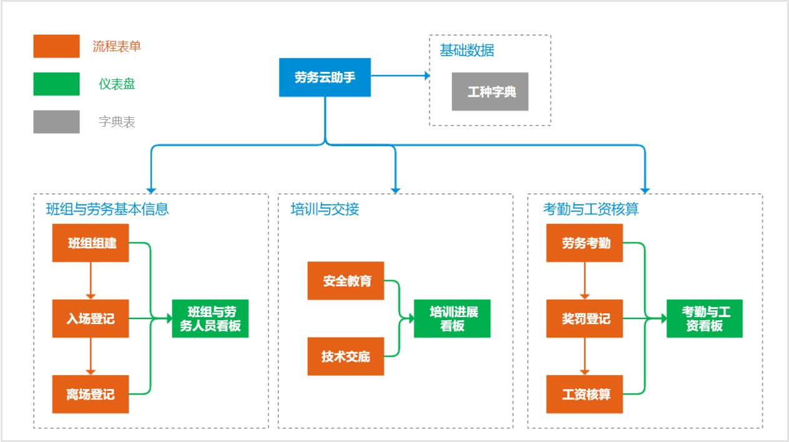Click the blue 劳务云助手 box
click(x=325, y=77)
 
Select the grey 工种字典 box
click(x=490, y=92)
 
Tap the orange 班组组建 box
click(x=91, y=243)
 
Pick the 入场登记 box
click(x=91, y=318)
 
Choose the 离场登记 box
click(x=91, y=394)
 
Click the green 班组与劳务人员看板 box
click(x=210, y=318)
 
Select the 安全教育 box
click(x=346, y=281)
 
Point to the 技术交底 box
click(x=346, y=356)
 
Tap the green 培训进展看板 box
click(x=452, y=318)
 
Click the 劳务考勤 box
click(x=584, y=243)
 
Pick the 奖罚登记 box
click(x=584, y=318)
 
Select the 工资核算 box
click(x=584, y=394)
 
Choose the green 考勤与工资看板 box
click(x=705, y=318)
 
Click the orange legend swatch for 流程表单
click(x=56, y=46)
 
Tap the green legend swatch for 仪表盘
click(x=56, y=84)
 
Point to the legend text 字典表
click(x=117, y=122)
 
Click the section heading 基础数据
click(x=467, y=51)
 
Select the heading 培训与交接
click(x=325, y=209)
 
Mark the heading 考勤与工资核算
click(x=591, y=209)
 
